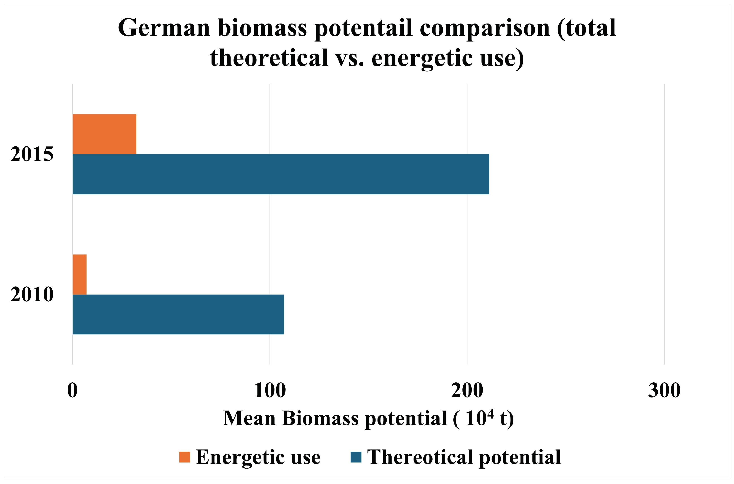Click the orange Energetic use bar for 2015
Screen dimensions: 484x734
104,134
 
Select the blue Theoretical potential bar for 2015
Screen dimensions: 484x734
280,174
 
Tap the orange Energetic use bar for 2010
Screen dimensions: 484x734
79,274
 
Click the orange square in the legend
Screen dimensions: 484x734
184,457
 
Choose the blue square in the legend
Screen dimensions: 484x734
356,457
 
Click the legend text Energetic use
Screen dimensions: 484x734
258,457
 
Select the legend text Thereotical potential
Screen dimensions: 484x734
464,457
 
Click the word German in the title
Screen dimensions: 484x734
164,28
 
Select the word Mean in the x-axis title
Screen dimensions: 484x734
249,419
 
